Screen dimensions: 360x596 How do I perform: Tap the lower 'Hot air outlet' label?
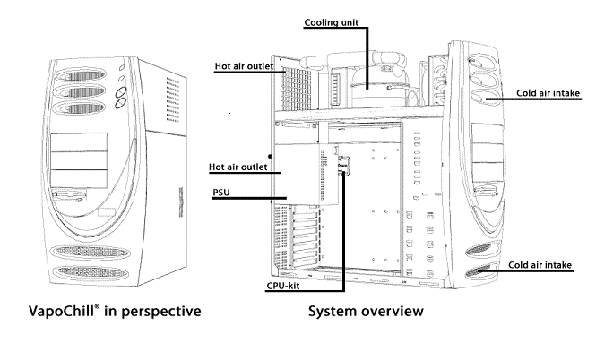(x=239, y=167)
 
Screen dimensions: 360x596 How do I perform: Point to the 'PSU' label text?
(x=220, y=192)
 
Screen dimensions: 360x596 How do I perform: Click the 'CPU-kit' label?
(x=290, y=287)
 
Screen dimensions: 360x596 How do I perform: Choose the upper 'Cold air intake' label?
(x=550, y=91)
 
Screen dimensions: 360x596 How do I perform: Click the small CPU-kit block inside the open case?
(x=342, y=165)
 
